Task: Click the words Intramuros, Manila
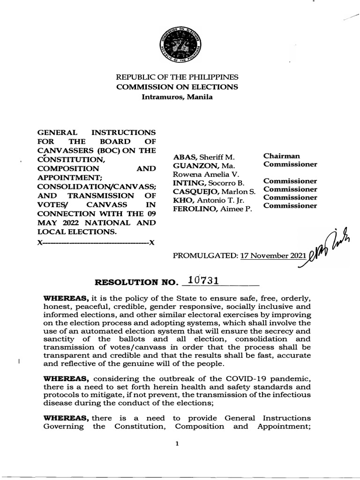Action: [177, 97]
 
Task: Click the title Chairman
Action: [282, 156]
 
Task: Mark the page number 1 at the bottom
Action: [178, 444]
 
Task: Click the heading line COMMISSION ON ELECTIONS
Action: [177, 87]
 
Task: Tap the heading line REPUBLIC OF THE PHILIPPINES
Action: [177, 77]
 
